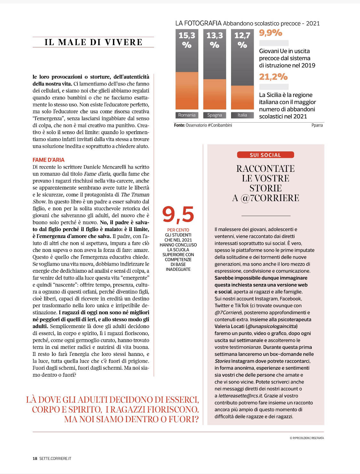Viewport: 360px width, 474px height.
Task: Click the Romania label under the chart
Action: point(187,115)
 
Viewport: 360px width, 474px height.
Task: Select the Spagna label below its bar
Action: point(214,115)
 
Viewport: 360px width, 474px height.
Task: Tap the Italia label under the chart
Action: point(242,115)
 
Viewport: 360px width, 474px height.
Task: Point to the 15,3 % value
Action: point(187,40)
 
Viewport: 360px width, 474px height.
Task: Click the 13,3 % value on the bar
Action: point(214,40)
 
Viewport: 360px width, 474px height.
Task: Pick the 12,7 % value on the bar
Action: point(242,40)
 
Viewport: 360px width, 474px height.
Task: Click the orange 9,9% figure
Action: point(271,33)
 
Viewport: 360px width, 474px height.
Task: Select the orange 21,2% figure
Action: point(274,77)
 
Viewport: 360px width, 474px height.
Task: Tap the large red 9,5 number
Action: point(178,214)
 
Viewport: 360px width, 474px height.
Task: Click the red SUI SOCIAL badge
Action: point(265,155)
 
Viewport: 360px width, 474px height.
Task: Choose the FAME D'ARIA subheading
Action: point(49,160)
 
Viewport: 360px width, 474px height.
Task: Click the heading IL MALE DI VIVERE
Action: point(93,42)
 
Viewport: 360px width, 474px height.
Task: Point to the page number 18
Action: point(35,459)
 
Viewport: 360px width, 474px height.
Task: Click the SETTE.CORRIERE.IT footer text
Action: point(55,459)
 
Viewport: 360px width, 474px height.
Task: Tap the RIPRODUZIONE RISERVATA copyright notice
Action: point(307,438)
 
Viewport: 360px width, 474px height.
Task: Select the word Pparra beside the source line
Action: point(317,125)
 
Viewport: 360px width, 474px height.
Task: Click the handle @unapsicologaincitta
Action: point(272,326)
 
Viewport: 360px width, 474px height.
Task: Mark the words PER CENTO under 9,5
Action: point(178,230)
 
